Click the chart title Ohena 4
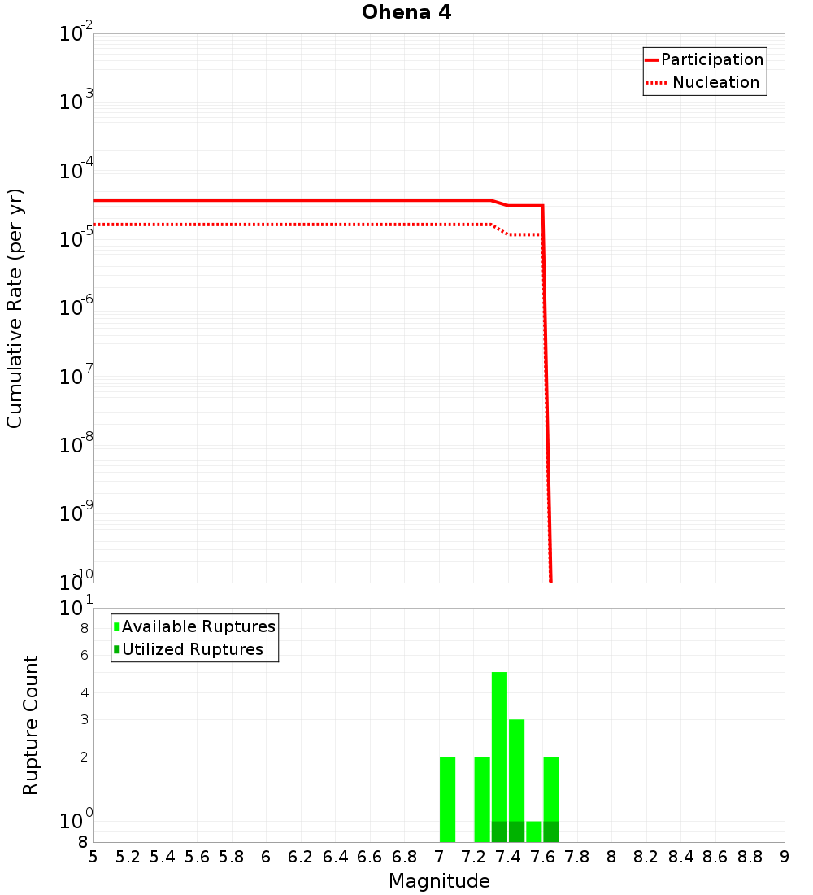[x=406, y=13]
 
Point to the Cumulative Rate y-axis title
[x=15, y=308]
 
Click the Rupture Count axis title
[x=31, y=725]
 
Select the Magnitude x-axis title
[x=439, y=881]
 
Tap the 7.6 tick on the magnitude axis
[x=542, y=857]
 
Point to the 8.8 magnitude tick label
[x=750, y=857]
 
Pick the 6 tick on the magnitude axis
[x=266, y=857]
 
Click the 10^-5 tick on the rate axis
[x=75, y=239]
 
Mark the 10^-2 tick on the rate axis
[x=75, y=34]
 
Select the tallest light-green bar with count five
[x=499, y=744]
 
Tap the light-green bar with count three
[x=516, y=769]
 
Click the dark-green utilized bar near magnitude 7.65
[x=551, y=832]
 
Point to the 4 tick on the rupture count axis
[x=83, y=693]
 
